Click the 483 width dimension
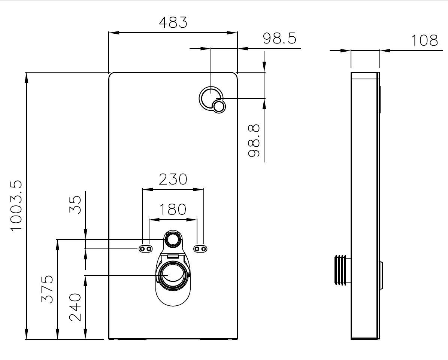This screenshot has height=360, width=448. (173, 22)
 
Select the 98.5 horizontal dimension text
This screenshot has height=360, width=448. (279, 38)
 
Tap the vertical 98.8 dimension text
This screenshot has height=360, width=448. (254, 141)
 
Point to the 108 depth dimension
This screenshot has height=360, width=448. (424, 40)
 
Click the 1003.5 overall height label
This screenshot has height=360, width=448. (17, 206)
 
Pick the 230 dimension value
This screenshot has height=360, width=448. (173, 179)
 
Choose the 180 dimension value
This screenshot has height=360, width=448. (173, 209)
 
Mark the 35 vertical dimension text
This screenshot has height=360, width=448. (76, 205)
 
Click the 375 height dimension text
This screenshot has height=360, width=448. (47, 289)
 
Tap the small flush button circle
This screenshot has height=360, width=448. (219, 107)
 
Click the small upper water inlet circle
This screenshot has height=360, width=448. (173, 239)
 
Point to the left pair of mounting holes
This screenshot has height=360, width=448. (146, 249)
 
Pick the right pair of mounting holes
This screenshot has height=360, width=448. (200, 249)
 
